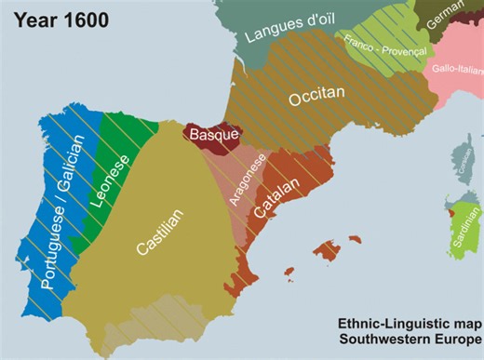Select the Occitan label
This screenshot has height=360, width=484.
click(316, 96)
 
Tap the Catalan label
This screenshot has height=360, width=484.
click(276, 198)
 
